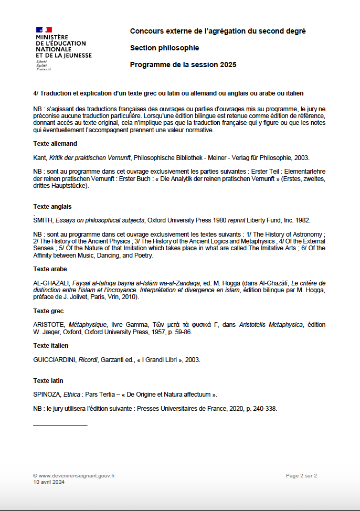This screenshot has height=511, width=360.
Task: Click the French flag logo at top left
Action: [x=44, y=30]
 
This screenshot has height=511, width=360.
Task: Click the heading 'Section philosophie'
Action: [x=164, y=48]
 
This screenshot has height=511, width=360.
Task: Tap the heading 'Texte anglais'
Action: [x=52, y=206]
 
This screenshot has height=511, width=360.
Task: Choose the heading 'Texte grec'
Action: [x=48, y=311]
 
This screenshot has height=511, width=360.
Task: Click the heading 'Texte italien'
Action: [x=51, y=346]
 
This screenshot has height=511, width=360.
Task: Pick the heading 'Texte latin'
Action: [x=48, y=381]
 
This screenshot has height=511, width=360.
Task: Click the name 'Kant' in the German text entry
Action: [x=39, y=157]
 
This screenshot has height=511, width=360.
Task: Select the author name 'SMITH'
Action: [x=43, y=221]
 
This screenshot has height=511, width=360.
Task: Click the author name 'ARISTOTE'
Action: [x=49, y=325]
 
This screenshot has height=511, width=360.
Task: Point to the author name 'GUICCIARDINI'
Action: [x=55, y=360]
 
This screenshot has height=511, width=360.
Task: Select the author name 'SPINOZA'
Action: [x=47, y=394]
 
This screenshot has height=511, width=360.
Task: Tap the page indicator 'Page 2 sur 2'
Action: [x=301, y=476]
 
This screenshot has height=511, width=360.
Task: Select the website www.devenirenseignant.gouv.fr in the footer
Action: [x=77, y=476]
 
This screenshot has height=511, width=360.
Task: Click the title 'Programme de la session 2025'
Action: [x=183, y=65]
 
